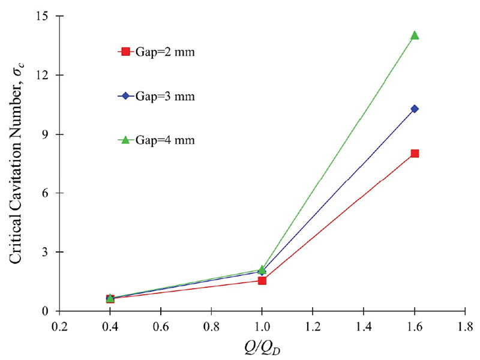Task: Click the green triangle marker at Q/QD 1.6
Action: (x=415, y=35)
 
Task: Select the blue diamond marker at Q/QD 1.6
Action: (x=415, y=109)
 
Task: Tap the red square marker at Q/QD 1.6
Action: (x=415, y=154)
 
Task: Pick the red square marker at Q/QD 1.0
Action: (x=262, y=280)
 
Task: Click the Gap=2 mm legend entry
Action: (x=157, y=52)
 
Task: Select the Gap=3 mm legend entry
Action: (x=157, y=96)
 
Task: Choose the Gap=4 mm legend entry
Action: (x=157, y=140)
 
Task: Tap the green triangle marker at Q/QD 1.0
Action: (x=262, y=270)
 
